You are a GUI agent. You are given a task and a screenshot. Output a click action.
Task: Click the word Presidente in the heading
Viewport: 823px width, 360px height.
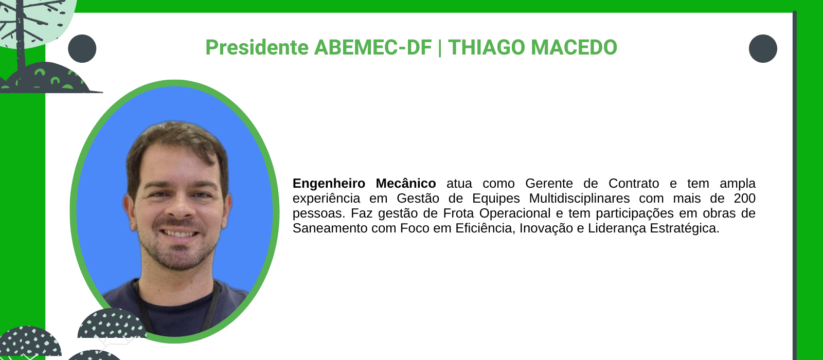(257, 47)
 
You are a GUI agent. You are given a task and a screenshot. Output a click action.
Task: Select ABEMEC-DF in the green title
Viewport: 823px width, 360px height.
(373, 47)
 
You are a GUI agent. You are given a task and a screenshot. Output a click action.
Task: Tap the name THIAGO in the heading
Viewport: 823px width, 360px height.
(487, 47)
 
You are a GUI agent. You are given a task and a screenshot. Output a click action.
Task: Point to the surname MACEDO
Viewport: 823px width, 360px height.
(574, 47)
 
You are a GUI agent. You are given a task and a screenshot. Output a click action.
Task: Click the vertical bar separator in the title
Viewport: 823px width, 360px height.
(440, 48)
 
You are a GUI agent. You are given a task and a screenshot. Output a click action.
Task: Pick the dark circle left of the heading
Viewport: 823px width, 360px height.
(82, 48)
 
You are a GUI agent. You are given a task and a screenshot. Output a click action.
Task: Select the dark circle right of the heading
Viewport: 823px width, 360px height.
(763, 48)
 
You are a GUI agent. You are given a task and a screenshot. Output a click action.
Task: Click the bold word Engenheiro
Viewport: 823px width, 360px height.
(329, 183)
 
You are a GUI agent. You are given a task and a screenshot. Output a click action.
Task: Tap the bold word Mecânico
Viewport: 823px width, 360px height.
(406, 183)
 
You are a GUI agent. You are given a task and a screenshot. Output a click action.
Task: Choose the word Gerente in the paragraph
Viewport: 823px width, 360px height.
(549, 183)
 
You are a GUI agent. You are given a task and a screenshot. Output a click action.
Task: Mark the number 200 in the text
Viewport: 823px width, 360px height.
(744, 199)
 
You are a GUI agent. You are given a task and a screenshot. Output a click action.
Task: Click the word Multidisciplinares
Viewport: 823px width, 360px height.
(579, 199)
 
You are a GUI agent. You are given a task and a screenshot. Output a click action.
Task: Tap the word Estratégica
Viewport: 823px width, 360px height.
(685, 228)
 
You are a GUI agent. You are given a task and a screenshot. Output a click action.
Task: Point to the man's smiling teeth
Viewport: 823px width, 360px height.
(180, 233)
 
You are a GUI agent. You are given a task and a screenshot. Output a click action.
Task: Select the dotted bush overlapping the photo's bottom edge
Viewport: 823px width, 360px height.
(112, 324)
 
